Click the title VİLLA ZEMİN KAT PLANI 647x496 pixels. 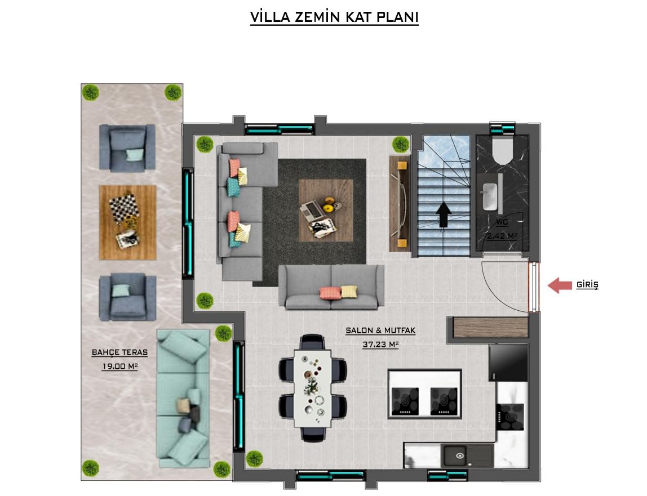tap(334, 17)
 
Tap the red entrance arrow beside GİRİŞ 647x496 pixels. tap(559, 285)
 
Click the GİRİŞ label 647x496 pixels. tap(587, 285)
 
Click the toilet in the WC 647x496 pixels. tap(502, 150)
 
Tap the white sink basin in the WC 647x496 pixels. tap(489, 196)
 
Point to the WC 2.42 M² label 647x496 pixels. tap(502, 230)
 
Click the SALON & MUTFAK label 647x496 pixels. tap(380, 330)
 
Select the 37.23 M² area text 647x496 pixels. tap(380, 345)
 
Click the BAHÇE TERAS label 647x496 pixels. tap(119, 352)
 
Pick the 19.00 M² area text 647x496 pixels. tap(119, 366)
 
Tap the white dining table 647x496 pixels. tap(313, 388)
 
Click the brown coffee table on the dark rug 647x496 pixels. tap(326, 211)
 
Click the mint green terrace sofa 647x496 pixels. tap(183, 398)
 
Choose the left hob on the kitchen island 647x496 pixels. tap(405, 401)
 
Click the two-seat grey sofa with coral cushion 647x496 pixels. tap(331, 287)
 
